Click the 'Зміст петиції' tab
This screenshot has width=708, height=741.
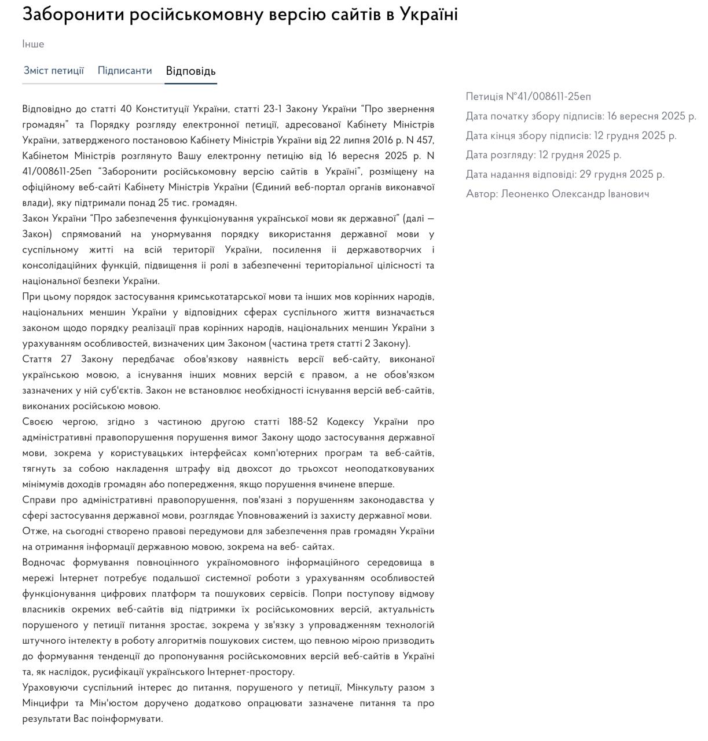pos(54,71)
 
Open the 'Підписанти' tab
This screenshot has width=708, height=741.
pos(124,71)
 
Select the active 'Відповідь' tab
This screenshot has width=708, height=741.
pos(190,71)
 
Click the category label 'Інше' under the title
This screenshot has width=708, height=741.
pos(33,44)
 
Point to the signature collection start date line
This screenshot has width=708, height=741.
pos(581,116)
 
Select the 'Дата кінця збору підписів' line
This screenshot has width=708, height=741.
pos(571,135)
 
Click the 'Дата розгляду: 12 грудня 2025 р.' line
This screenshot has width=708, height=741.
pos(543,155)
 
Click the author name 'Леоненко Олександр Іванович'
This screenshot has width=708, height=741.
pos(575,194)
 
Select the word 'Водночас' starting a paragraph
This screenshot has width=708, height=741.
pos(42,563)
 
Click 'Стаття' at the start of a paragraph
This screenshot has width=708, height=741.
pos(38,360)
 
